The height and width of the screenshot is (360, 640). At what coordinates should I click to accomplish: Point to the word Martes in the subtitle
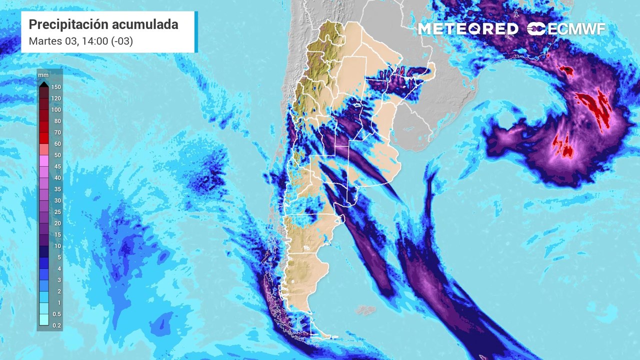click(x=43, y=41)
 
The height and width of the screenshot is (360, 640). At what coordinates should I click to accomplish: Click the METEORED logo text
click(x=468, y=29)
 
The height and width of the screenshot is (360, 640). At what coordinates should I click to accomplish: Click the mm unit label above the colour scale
click(x=43, y=75)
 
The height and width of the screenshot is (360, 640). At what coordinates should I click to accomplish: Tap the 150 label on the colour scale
click(x=56, y=87)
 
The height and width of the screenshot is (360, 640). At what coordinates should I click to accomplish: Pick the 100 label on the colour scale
click(x=56, y=110)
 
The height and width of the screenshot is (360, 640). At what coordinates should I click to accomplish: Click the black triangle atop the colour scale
click(x=43, y=83)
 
